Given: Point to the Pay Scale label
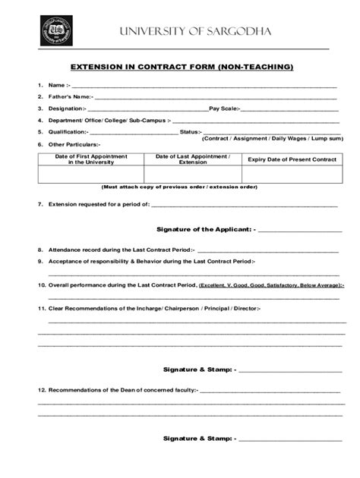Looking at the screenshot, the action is click(x=224, y=108).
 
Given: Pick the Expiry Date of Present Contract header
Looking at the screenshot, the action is click(x=292, y=159).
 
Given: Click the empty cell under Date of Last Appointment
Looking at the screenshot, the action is click(x=192, y=175).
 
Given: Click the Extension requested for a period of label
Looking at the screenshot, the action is click(x=99, y=204).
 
